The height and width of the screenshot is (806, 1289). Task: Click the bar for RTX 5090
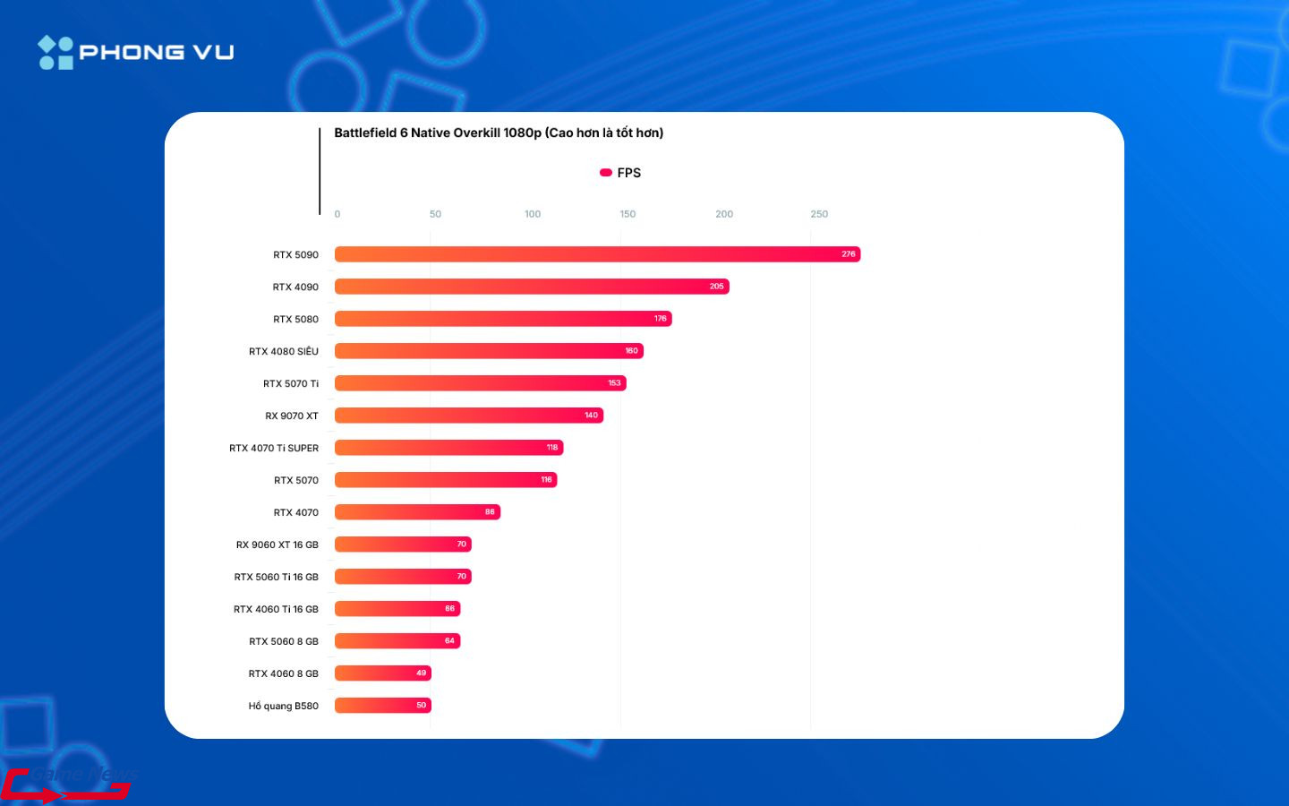597,254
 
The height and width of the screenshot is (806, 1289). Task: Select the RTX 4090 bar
532,287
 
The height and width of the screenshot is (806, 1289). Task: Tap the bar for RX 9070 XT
469,416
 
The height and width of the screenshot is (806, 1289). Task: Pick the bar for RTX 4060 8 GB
382,673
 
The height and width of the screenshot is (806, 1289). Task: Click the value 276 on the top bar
849,254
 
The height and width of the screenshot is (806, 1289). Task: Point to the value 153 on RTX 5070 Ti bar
614,383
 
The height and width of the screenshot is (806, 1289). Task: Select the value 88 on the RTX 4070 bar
490,512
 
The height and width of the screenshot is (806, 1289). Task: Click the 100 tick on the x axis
533,214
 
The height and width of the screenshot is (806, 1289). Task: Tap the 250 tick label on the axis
819,214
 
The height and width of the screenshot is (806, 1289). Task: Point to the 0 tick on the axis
337,214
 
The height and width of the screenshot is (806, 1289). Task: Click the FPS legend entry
620,173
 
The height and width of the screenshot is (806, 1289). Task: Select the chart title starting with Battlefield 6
499,133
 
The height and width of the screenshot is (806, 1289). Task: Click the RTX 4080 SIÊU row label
284,351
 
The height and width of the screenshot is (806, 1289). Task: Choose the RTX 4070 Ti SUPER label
274,448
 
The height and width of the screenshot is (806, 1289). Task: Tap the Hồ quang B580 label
284,706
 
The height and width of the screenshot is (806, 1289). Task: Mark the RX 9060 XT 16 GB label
277,544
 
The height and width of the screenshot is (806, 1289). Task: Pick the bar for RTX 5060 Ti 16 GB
403,577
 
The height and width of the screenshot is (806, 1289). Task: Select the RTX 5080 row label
296,319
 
